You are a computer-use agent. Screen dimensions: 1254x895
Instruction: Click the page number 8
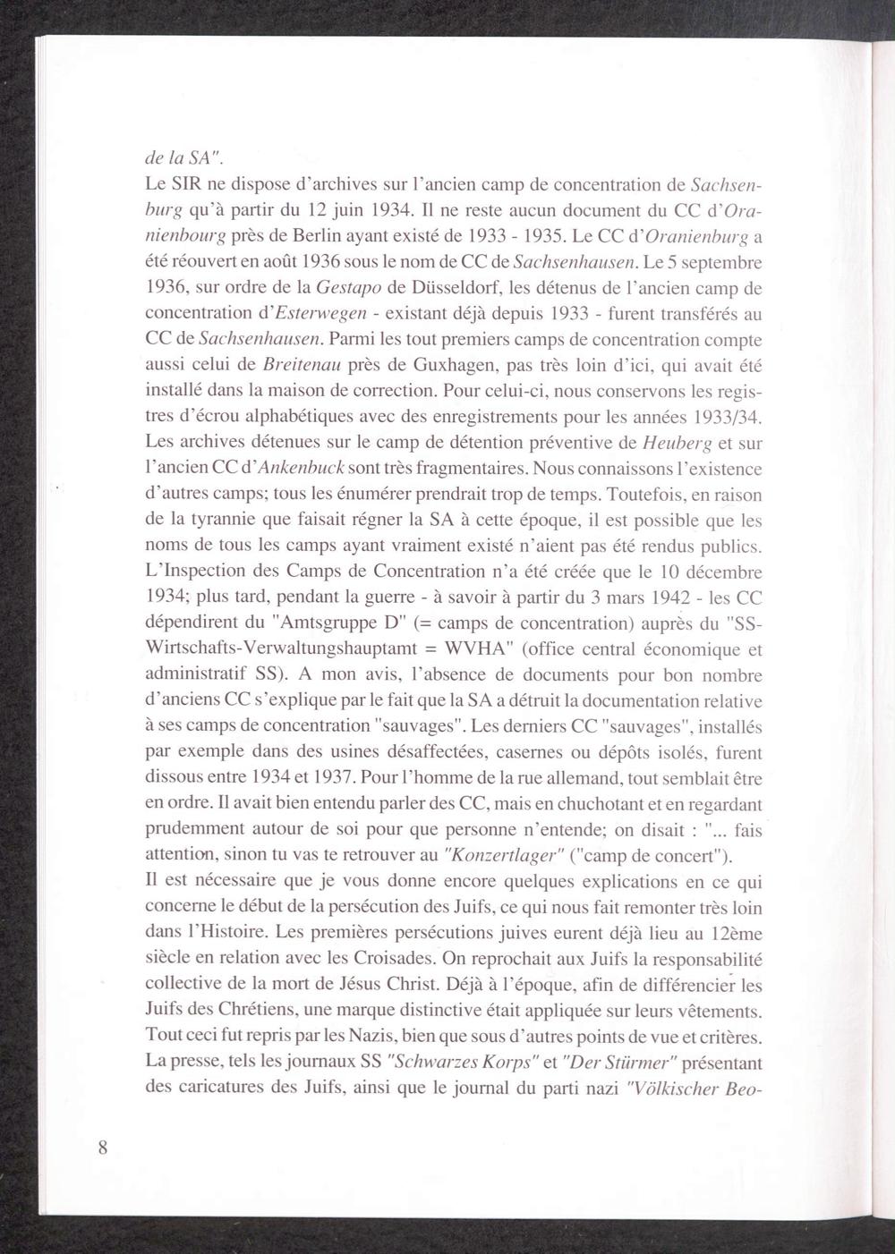coord(104,1148)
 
